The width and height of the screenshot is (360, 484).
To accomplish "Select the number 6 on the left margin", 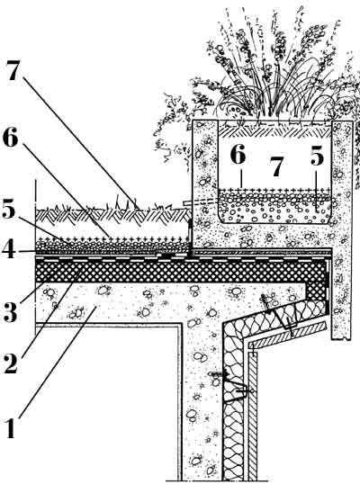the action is pos(11,139).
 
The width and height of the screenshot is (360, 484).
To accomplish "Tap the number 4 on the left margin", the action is pos(9,249).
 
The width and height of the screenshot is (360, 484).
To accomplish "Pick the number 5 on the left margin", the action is pos(8,211).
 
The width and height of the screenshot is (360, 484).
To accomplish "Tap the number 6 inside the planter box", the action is pos(238,154).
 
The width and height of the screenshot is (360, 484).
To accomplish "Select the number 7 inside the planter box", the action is pos(275,166).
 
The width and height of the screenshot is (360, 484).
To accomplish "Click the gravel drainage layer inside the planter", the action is pos(274,207).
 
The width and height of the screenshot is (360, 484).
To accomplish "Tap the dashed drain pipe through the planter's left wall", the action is pos(201,202).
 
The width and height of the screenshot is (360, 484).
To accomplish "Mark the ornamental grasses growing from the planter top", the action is pos(272,67).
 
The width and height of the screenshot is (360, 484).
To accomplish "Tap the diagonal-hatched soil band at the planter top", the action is pos(274,132).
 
